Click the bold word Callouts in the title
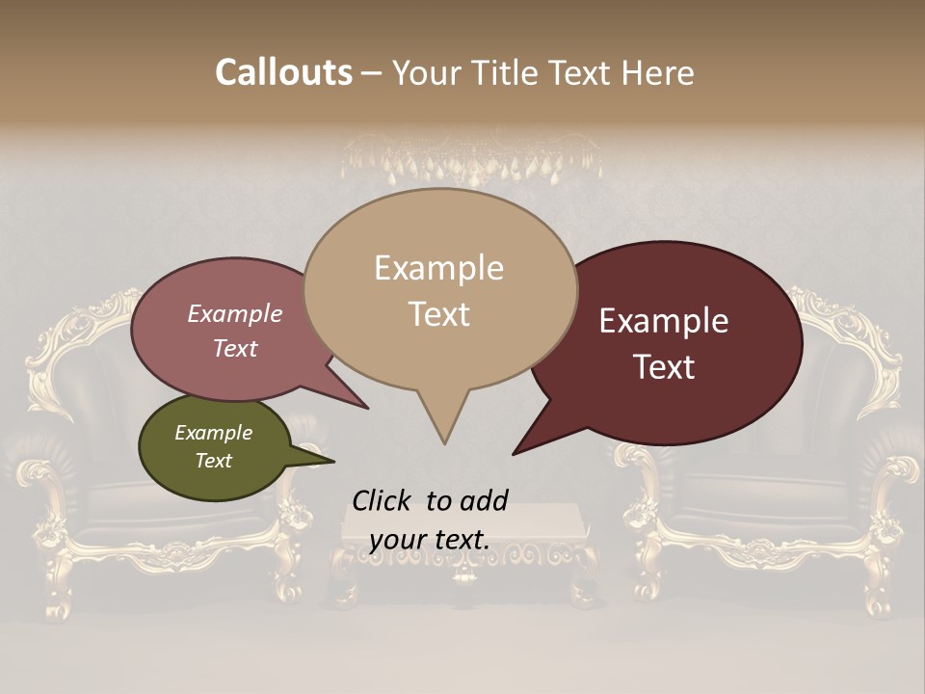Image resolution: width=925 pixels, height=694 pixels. tap(283, 72)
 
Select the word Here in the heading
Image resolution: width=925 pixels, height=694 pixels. tap(658, 72)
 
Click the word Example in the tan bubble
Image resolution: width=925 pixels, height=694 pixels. tap(438, 268)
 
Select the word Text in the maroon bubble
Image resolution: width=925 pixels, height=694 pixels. tap(664, 367)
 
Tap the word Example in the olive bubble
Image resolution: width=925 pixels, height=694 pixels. tap(213, 433)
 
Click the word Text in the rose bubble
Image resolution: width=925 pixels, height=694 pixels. tap(235, 349)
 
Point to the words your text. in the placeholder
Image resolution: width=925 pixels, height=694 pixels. tap(429, 540)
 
